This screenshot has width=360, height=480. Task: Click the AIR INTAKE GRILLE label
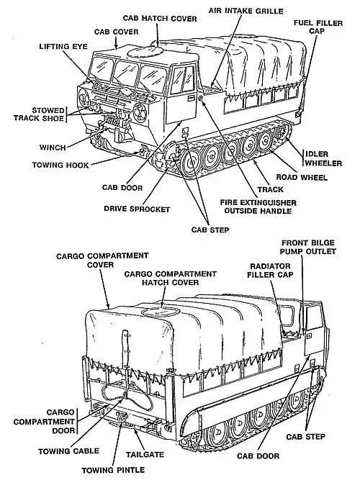[x=246, y=11]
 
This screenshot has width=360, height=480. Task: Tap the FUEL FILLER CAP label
[x=318, y=27]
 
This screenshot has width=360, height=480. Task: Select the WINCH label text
[x=53, y=148]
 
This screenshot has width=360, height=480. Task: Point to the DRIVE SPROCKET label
[x=137, y=209]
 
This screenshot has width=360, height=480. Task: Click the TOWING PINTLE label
[x=113, y=470]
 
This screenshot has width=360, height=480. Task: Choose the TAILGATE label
[x=145, y=455]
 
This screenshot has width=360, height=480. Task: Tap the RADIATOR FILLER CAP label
[x=270, y=271]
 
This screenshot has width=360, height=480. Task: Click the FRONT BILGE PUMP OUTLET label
[x=309, y=247]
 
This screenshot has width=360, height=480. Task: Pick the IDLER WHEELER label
[x=323, y=158]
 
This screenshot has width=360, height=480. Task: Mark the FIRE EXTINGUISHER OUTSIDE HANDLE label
[x=258, y=207]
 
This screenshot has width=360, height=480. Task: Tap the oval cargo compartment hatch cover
[x=161, y=312]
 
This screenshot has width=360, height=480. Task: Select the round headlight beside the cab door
[x=140, y=110]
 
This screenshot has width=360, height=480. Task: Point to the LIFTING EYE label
[x=63, y=47]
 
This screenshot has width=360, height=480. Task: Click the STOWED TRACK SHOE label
[x=39, y=114]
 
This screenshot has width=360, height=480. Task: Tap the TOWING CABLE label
[x=69, y=451]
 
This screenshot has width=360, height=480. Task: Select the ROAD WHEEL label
[x=302, y=177]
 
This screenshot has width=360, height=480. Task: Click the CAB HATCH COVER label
[x=160, y=19]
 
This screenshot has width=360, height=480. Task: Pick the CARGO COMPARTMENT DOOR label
[x=44, y=422]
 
